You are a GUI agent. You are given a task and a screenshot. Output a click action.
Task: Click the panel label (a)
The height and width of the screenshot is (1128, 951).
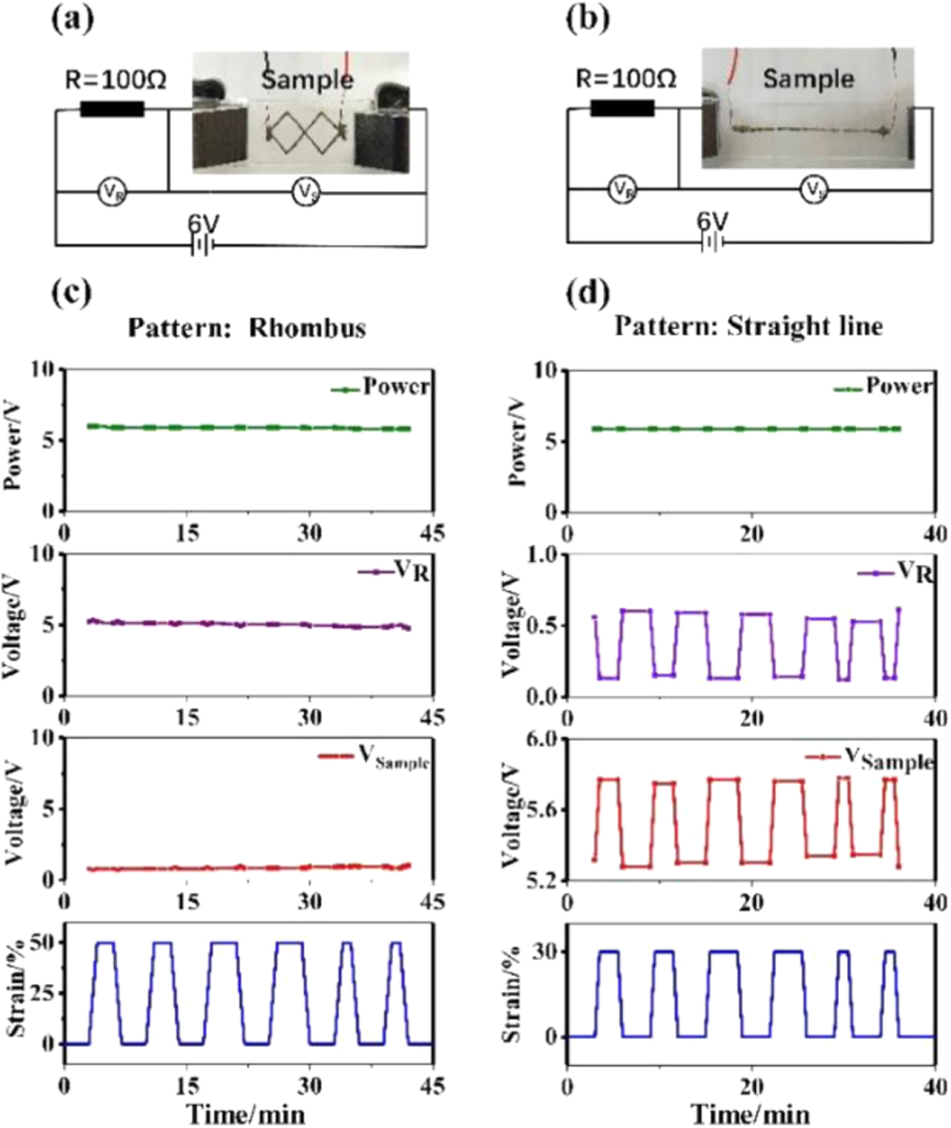tap(71, 19)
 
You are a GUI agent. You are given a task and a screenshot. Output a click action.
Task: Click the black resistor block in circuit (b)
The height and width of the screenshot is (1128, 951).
tap(622, 108)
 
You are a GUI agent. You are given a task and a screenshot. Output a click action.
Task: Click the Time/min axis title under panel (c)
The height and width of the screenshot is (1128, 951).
tap(244, 1109)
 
